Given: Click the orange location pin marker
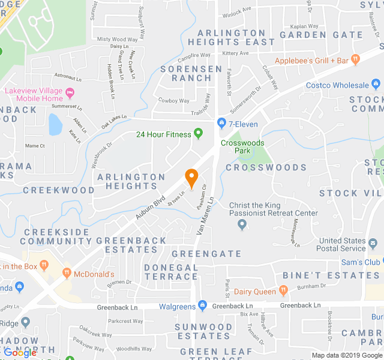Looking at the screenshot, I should [191, 178].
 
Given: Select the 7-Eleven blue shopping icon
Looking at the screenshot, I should [221, 123].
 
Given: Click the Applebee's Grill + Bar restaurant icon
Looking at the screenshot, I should [356, 60].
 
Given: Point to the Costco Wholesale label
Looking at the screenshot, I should [337, 85].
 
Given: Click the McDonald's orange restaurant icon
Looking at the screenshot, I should [67, 274].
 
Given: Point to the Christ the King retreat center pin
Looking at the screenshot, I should [242, 225].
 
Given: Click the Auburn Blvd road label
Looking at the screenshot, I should [150, 206].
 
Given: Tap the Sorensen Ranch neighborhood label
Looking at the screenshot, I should [191, 74].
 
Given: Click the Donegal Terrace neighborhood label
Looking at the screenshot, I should [171, 272].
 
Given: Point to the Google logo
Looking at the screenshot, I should [20, 353].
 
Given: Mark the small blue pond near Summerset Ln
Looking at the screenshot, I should [55, 125].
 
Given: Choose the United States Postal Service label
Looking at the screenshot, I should [343, 245].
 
